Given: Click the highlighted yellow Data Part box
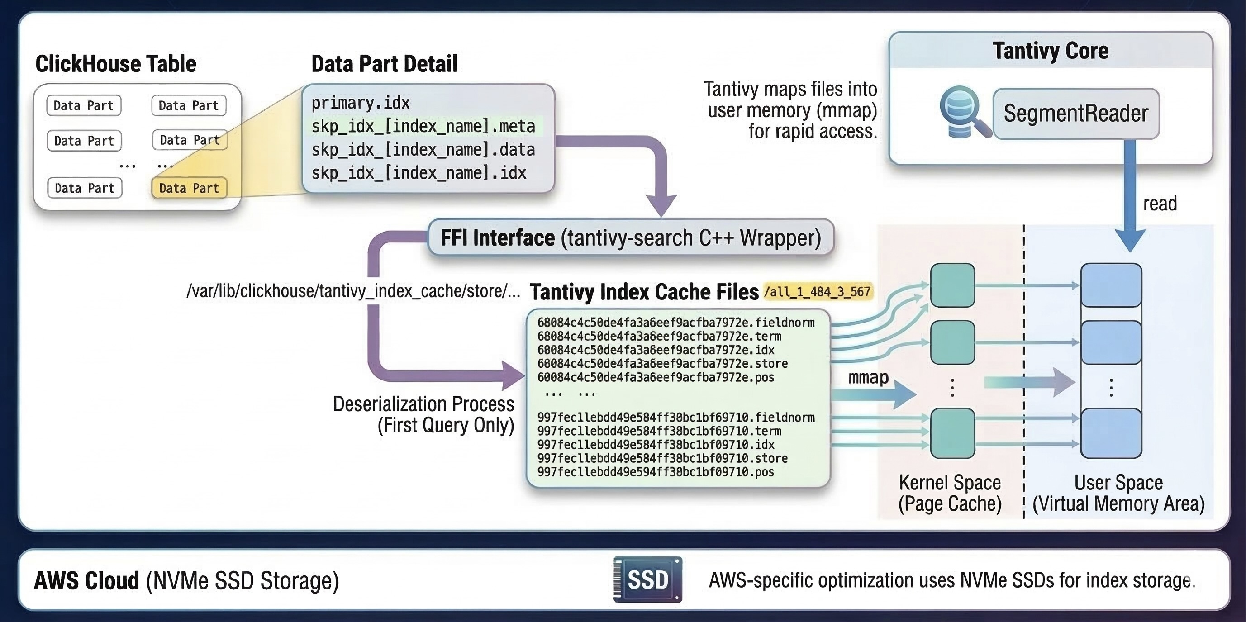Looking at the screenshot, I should (189, 188).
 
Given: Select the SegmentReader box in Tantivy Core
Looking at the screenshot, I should (1076, 114).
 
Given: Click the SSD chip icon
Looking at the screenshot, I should (648, 579).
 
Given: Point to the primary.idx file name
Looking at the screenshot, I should (360, 103).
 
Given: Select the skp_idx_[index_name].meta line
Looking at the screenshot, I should (423, 126).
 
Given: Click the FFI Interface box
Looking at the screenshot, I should (631, 238).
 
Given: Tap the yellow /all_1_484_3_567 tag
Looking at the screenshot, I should (818, 292).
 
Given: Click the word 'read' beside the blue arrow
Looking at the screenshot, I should (1160, 204).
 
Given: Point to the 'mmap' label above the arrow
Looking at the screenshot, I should (868, 377).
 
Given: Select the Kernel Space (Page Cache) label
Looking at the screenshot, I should (950, 493).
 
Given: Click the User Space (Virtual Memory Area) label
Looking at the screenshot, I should (1118, 493).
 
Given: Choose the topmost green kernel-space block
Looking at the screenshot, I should (952, 285).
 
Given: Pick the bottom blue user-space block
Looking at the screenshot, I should (1111, 433).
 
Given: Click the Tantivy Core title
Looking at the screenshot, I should (1051, 51).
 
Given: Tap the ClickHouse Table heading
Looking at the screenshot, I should (116, 64).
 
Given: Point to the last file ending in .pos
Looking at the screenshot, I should (656, 472).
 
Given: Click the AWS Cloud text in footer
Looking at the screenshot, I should (87, 580).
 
